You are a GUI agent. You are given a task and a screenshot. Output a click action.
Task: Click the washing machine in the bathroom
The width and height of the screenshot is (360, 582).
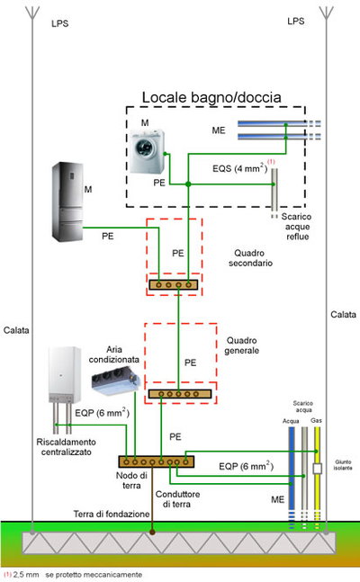point(147,151)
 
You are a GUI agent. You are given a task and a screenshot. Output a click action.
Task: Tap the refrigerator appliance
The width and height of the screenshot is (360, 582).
point(67,201)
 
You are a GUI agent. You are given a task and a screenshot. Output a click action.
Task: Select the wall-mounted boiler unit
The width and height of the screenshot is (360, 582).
point(64,374)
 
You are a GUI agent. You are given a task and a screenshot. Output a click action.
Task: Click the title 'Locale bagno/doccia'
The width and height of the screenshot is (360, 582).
point(211,97)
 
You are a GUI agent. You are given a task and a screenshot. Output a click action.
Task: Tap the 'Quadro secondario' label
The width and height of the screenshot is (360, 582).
point(250,258)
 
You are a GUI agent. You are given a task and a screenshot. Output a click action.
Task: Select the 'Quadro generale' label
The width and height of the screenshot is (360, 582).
point(242,345)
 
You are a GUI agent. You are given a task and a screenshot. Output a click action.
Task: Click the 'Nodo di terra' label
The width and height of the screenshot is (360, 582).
point(131,480)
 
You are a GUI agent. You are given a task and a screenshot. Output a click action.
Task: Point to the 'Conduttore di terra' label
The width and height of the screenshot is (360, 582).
point(177,499)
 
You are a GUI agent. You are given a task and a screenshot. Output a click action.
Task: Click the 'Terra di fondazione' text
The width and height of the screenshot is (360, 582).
point(112,514)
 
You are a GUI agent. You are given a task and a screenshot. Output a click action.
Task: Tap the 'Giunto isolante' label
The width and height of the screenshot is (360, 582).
point(343,465)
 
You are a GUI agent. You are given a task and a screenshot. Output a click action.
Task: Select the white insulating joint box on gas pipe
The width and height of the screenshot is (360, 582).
point(317,469)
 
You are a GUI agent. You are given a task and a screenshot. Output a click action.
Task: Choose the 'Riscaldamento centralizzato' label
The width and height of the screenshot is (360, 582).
point(66,447)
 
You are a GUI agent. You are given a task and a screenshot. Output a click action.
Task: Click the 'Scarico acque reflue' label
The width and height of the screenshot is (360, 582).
point(297,227)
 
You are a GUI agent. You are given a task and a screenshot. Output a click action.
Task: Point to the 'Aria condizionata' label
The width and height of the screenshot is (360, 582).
point(113,354)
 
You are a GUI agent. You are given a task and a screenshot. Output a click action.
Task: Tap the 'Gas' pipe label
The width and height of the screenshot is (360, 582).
point(316,421)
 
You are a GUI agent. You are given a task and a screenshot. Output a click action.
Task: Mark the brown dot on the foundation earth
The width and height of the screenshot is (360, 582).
point(152,532)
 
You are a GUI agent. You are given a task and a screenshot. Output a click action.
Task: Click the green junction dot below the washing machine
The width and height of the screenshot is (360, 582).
point(188,184)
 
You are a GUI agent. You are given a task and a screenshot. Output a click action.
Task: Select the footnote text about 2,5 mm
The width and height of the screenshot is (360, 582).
point(73,575)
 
